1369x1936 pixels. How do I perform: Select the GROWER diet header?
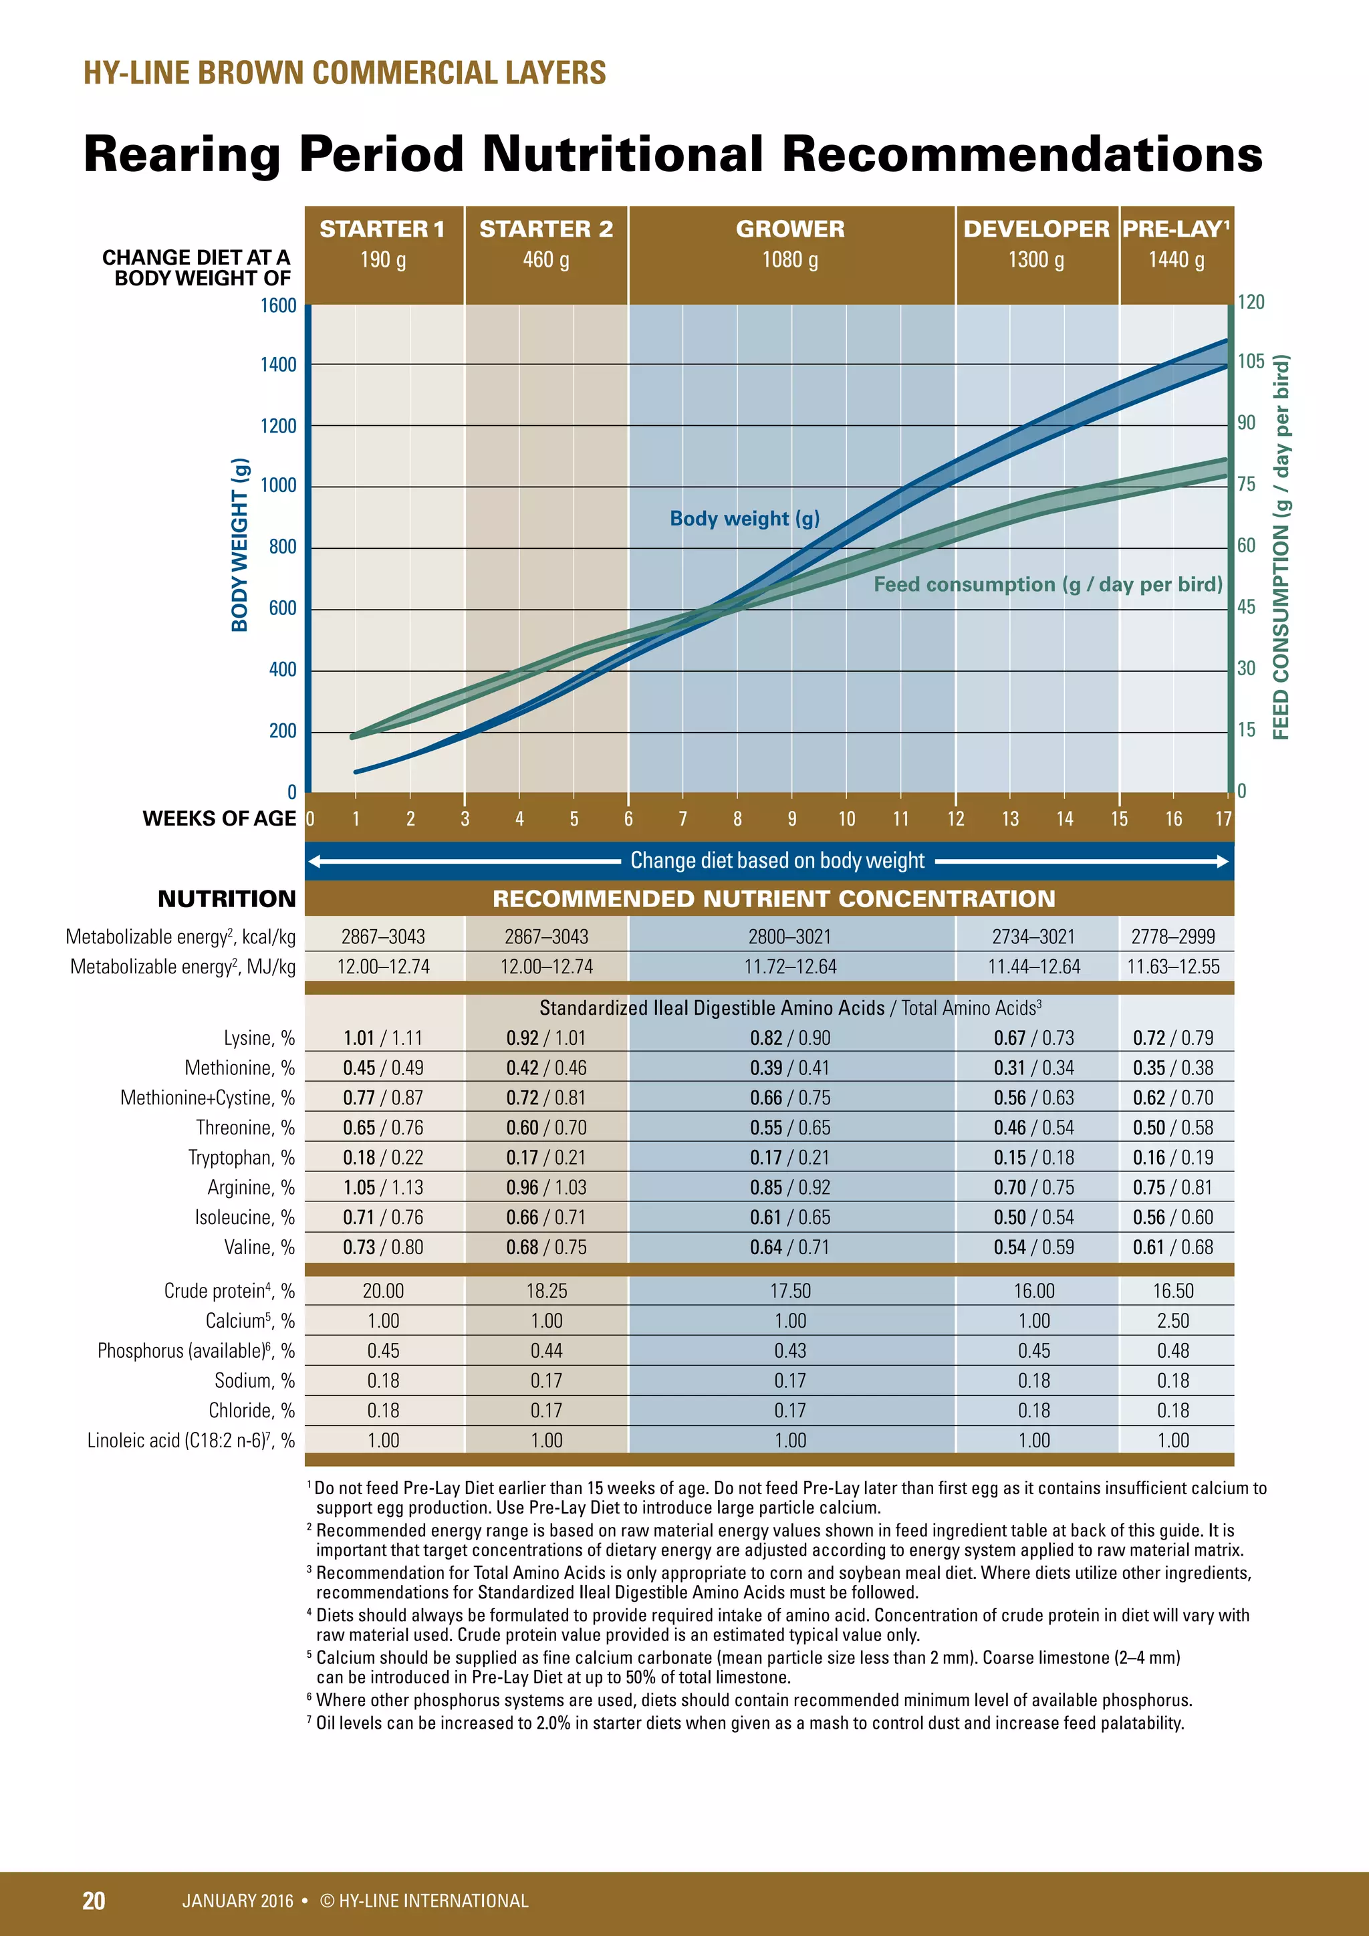click(x=790, y=229)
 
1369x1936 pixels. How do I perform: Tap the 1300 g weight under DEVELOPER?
click(x=1035, y=259)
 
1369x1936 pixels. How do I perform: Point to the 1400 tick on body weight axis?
click(x=278, y=365)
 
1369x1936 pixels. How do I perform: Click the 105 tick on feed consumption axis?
click(x=1251, y=362)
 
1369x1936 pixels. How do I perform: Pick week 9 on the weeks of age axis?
click(x=791, y=819)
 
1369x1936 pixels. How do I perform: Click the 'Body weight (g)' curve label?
click(x=745, y=519)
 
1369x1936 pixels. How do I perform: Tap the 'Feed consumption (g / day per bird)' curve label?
click(x=1047, y=584)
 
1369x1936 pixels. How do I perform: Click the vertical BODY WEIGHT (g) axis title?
click(x=240, y=545)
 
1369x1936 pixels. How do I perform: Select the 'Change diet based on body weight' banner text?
click(x=777, y=861)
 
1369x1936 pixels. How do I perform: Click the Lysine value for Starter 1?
click(x=383, y=1038)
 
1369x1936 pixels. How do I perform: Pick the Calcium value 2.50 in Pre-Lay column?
click(x=1172, y=1320)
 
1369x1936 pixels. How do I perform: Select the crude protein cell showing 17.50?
click(x=790, y=1291)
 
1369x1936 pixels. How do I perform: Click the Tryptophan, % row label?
click(x=241, y=1158)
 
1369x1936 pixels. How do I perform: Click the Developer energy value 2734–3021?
click(x=1033, y=937)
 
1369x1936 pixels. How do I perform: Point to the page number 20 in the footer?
click(x=94, y=1901)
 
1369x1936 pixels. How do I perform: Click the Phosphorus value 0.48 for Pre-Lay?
click(x=1172, y=1351)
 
